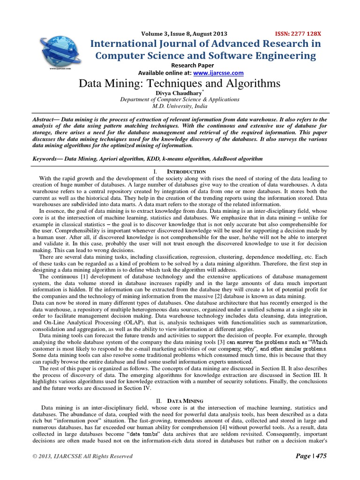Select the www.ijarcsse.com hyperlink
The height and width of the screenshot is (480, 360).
(218, 73)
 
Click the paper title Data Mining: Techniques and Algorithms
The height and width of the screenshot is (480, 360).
(180, 84)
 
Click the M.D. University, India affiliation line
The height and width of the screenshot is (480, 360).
(180, 106)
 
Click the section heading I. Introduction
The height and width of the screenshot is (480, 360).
(180, 172)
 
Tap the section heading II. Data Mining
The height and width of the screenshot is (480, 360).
(180, 401)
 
